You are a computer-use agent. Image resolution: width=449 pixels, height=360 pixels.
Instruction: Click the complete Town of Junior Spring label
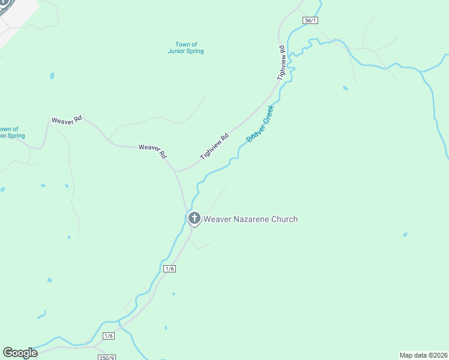pyautogui.click(x=186, y=48)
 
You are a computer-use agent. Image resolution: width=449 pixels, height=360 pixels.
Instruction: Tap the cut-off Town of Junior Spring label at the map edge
pyautogui.click(x=11, y=132)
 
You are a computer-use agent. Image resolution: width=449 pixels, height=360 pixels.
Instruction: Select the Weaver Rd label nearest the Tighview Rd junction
pyautogui.click(x=152, y=151)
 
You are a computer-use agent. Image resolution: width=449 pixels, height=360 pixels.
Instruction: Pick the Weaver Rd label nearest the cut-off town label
pyautogui.click(x=66, y=120)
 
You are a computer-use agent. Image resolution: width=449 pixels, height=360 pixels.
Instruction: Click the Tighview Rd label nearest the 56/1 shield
pyautogui.click(x=281, y=62)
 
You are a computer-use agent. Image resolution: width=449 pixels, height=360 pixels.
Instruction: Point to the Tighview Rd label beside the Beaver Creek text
pyautogui.click(x=215, y=146)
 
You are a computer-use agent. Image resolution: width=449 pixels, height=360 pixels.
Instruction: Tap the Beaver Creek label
pyautogui.click(x=260, y=124)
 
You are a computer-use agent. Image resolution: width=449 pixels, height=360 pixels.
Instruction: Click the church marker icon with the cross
pyautogui.click(x=194, y=218)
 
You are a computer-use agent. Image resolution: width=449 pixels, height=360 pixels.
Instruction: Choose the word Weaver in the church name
pyautogui.click(x=217, y=219)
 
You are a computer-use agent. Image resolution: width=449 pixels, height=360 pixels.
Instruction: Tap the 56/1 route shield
pyautogui.click(x=310, y=20)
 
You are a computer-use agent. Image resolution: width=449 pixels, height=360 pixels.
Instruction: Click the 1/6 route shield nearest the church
pyautogui.click(x=170, y=269)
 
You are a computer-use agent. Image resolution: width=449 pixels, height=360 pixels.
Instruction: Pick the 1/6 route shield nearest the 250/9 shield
pyautogui.click(x=109, y=336)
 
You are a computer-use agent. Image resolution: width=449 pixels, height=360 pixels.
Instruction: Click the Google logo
pyautogui.click(x=20, y=353)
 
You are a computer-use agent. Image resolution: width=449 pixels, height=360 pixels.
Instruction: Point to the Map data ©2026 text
pyautogui.click(x=423, y=355)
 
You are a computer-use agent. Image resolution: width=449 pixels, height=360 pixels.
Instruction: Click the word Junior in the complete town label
pyautogui.click(x=178, y=52)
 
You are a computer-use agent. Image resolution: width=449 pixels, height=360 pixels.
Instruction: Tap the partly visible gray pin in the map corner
pyautogui.click(x=5, y=4)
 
